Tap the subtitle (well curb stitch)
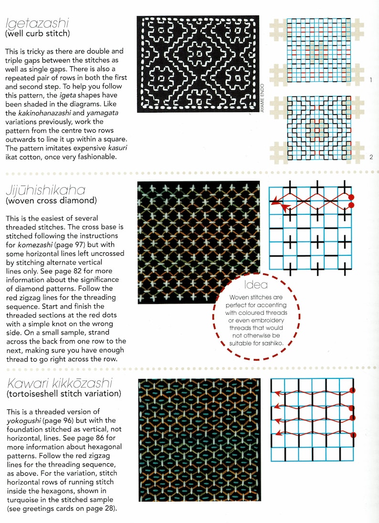[37, 33]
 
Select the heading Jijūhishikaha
[45, 190]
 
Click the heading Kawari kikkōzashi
[58, 383]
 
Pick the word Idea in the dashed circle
[255, 285]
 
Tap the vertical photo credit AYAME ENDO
[263, 101]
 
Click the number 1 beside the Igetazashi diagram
[371, 80]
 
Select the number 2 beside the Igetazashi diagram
[371, 157]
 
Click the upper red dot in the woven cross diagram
[351, 197]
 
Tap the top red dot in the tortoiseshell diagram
[353, 391]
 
